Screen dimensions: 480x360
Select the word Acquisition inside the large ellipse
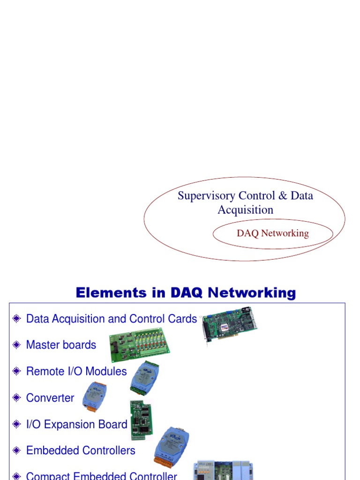pos(245,210)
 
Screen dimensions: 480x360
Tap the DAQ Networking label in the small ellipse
pos(273,233)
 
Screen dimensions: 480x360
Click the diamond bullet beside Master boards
pos(17,345)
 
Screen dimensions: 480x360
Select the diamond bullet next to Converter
pos(17,398)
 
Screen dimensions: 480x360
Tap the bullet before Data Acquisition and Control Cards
pos(17,319)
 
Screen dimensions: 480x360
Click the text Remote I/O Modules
pos(76,371)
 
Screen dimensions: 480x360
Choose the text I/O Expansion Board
pos(76,424)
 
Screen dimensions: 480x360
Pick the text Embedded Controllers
pos(81,450)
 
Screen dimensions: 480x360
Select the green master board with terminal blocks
pos(139,346)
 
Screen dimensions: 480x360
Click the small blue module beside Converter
pos(94,397)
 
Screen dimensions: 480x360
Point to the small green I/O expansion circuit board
pos(141,420)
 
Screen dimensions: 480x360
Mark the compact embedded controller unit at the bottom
pos(223,471)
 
